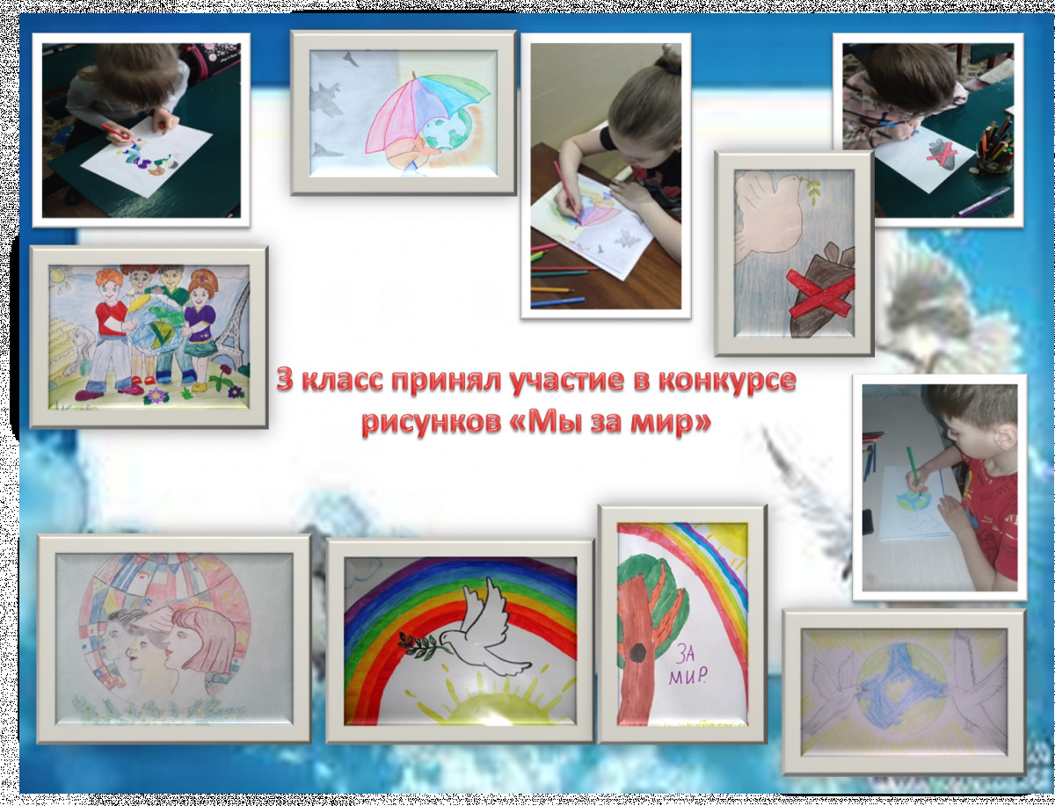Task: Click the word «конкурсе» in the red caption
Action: click(727, 381)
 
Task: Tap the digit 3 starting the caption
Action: click(285, 380)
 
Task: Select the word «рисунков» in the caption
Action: click(431, 423)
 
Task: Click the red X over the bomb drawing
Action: click(820, 293)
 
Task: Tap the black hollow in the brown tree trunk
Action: click(637, 653)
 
